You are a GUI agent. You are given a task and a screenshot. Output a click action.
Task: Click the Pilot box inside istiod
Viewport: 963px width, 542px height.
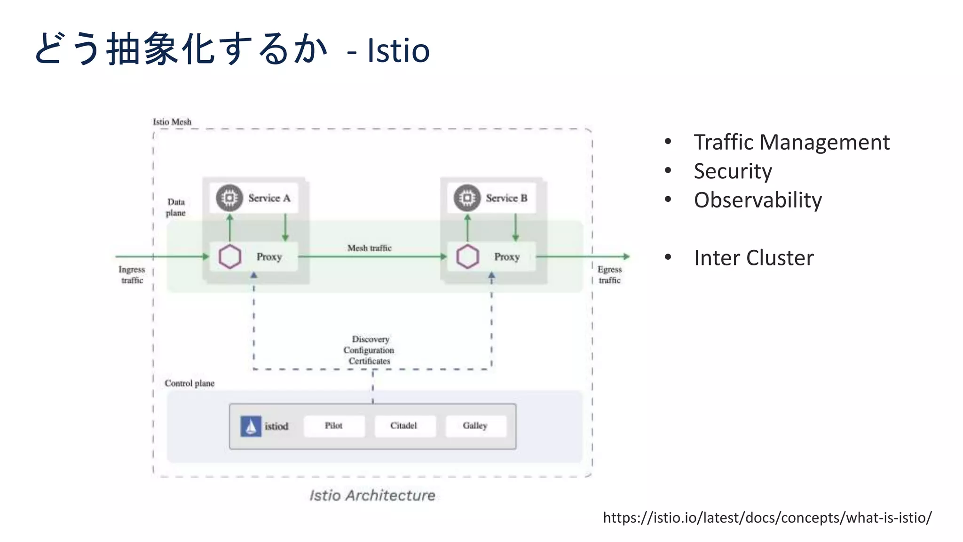[334, 426]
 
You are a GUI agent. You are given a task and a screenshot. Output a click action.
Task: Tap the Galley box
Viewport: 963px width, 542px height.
[475, 426]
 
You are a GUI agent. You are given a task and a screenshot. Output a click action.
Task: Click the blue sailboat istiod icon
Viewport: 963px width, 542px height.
[251, 427]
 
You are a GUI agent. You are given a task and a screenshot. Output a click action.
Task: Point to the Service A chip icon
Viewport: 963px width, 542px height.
[229, 198]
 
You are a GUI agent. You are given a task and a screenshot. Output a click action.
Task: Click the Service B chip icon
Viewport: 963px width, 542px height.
[467, 198]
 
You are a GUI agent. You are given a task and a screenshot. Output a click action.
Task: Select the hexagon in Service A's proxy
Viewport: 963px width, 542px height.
[230, 257]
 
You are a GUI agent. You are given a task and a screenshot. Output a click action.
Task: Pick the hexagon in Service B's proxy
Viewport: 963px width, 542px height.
[468, 257]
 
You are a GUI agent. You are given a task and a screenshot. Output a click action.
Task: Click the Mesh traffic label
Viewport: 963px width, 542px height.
[369, 248]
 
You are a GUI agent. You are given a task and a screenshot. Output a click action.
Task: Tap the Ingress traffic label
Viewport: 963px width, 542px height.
[132, 275]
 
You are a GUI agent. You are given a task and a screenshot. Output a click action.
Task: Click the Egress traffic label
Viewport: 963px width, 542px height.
[609, 275]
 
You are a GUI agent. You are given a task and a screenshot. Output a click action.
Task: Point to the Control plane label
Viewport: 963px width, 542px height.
[189, 383]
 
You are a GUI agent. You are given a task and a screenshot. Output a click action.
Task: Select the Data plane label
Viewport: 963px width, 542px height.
[176, 207]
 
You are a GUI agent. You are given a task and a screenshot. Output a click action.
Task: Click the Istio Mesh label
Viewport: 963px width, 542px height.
[172, 122]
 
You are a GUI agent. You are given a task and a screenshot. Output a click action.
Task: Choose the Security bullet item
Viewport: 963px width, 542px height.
[733, 171]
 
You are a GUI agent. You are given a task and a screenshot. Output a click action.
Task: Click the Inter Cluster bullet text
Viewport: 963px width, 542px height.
[753, 258]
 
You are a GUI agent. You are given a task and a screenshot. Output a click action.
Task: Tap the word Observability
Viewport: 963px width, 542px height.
[758, 200]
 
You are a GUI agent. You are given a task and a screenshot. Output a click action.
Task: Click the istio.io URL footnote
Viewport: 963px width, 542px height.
[767, 518]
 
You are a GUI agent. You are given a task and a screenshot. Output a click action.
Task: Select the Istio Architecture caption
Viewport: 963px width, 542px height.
[372, 495]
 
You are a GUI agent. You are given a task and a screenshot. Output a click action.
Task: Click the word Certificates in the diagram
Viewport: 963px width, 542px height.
[369, 361]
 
